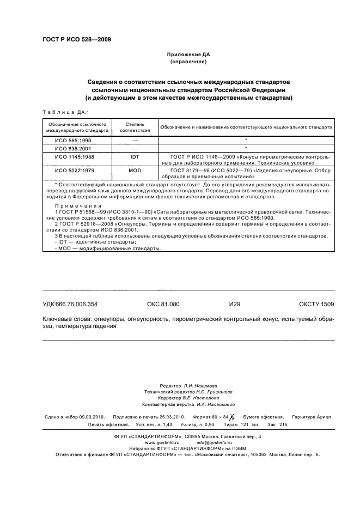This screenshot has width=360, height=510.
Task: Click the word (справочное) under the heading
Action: coord(187,63)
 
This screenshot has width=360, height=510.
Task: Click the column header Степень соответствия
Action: coord(134,128)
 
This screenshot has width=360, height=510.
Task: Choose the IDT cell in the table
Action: coord(134,156)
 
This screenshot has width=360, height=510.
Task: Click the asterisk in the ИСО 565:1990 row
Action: coord(246,141)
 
